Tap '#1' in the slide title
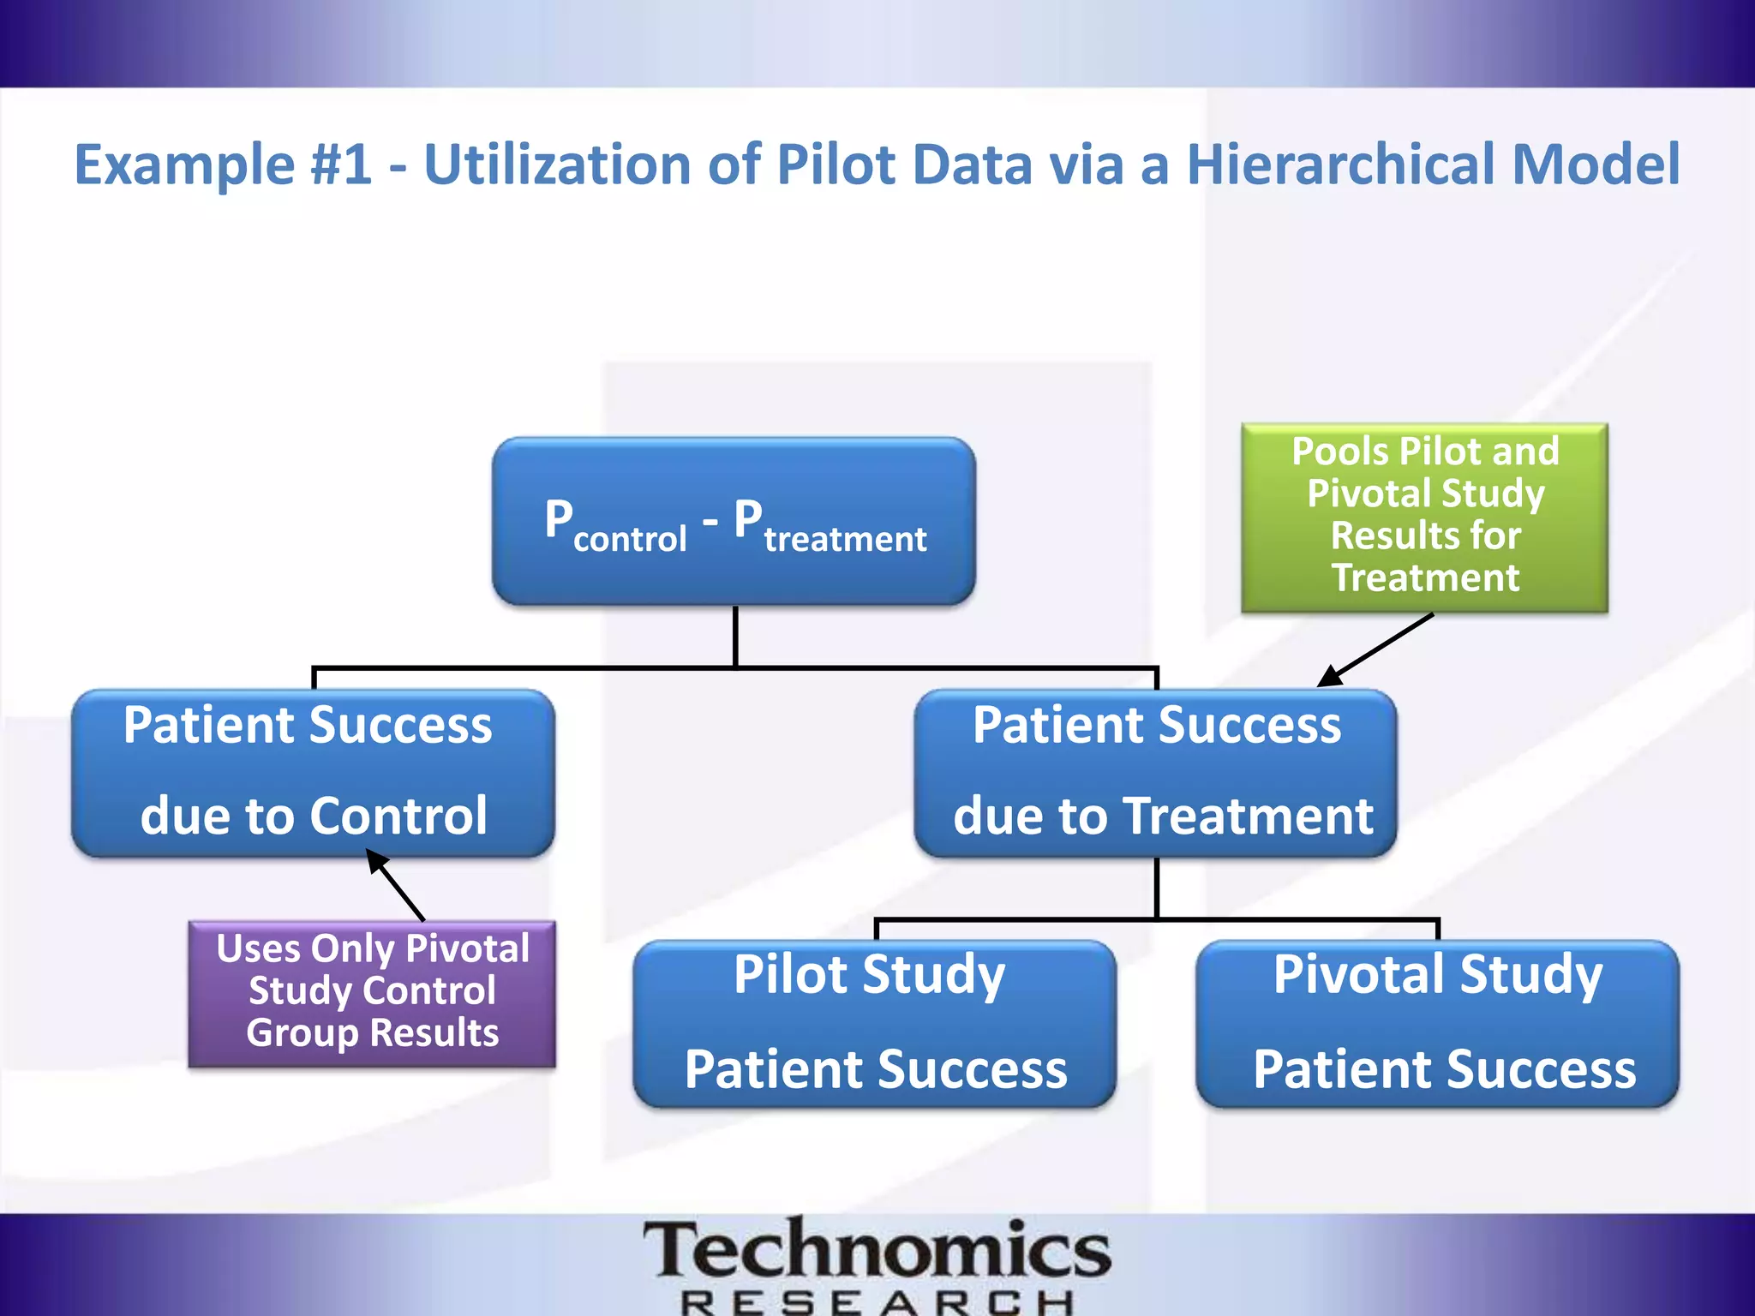[x=341, y=164]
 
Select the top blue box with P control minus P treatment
[x=734, y=521]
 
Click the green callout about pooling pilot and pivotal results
[x=1424, y=517]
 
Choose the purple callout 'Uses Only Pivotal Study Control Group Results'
[x=372, y=992]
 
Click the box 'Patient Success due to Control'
[x=313, y=772]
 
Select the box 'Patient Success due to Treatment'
[x=1156, y=772]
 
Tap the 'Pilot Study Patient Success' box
[x=874, y=1023]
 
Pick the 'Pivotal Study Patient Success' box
[x=1437, y=1023]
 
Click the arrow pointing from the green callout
[x=1375, y=649]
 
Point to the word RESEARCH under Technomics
[x=876, y=1302]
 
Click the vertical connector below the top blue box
[x=735, y=636]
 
